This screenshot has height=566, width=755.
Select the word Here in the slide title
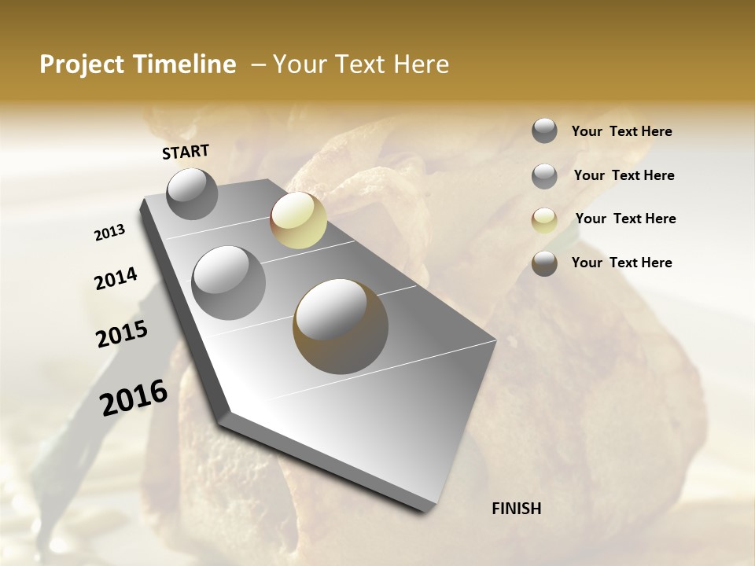[422, 64]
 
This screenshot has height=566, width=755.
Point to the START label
[186, 152]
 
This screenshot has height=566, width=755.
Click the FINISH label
[517, 509]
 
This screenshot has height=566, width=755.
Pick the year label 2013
[110, 233]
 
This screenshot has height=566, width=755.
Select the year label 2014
[116, 279]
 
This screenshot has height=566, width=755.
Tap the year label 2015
[122, 335]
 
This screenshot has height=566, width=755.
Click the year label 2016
[134, 398]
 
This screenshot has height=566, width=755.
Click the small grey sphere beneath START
[192, 193]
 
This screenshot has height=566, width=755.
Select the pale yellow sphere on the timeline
[298, 220]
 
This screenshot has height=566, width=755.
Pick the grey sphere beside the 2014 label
[229, 283]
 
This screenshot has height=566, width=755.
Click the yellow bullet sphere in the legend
[544, 220]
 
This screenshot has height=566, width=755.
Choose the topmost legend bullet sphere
[544, 130]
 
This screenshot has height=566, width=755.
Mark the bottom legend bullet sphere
[544, 263]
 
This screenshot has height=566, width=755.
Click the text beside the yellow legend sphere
[625, 219]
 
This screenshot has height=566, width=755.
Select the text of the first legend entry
[621, 131]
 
